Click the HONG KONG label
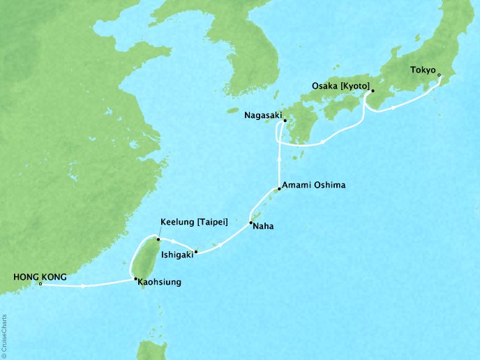[x=40, y=277]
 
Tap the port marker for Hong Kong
[x=41, y=285]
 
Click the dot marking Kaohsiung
[x=135, y=280]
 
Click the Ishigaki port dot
[x=196, y=252]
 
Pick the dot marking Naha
[x=251, y=223]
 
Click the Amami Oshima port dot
[x=279, y=188]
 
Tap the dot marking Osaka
[x=372, y=91]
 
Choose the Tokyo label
[x=422, y=70]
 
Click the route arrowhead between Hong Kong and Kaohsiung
[x=83, y=286]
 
